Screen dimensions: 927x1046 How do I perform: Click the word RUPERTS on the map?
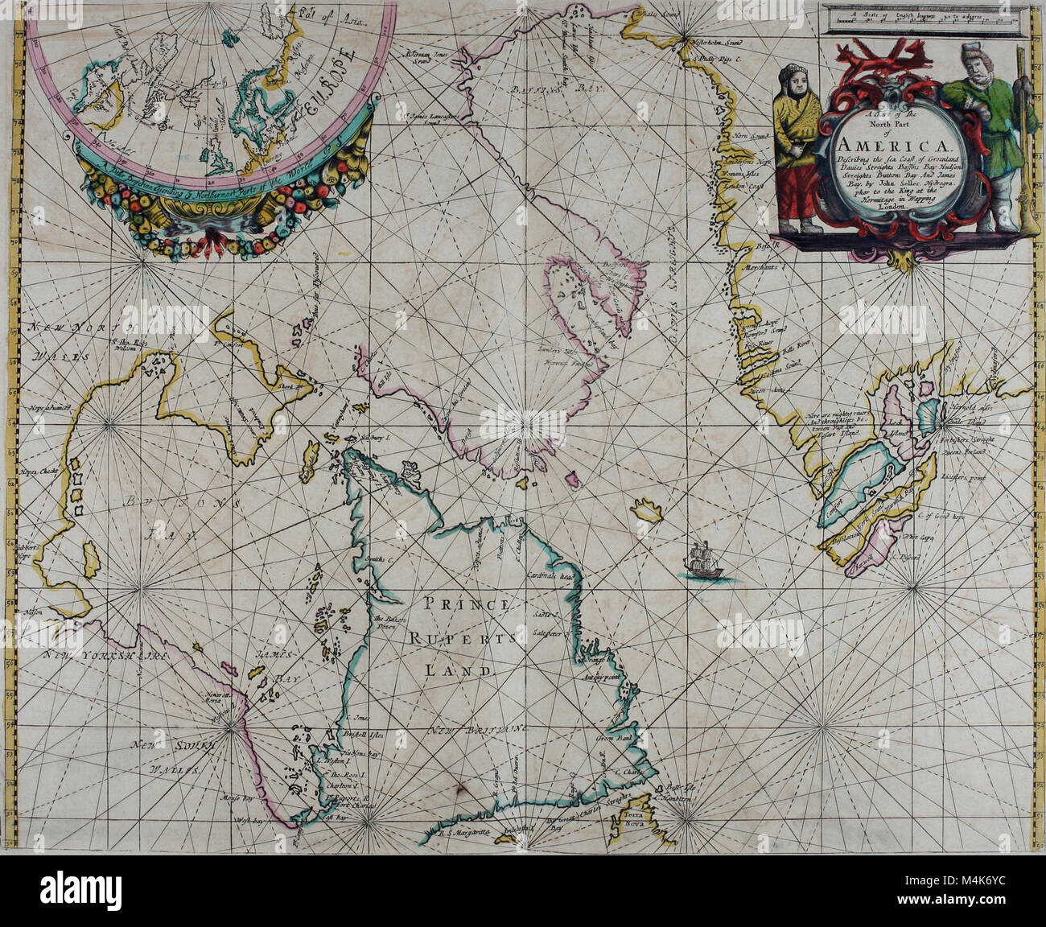pos(462,637)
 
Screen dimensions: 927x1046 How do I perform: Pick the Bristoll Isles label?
pos(367,735)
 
